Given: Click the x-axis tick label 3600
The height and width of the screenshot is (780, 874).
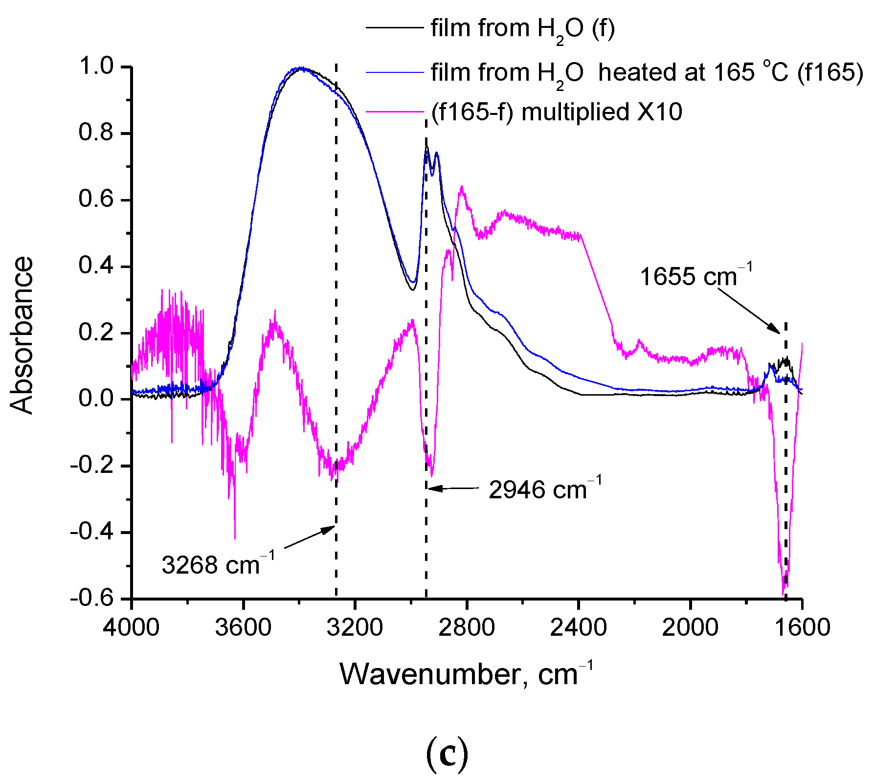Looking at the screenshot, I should (243, 627).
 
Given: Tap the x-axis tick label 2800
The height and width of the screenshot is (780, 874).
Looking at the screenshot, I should (467, 627).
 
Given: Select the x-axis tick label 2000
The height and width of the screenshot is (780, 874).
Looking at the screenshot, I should (690, 627).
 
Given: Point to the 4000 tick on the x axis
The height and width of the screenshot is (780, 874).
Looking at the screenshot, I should (131, 627).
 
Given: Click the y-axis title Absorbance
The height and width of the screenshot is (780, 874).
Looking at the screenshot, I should (22, 335).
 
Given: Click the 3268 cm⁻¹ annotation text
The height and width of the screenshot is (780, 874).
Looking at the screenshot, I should (218, 565).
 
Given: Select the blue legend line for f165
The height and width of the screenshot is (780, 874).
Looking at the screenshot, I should (394, 72).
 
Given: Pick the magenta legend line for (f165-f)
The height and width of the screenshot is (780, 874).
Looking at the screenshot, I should (394, 112).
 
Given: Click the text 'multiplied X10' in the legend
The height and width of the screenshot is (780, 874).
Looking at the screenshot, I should (602, 112).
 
